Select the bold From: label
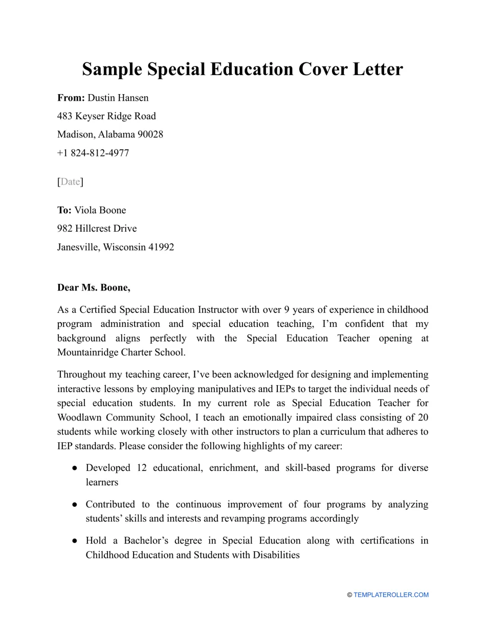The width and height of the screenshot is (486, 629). (71, 98)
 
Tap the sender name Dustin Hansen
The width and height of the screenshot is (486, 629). (118, 98)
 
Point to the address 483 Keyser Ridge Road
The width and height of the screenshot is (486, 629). (106, 116)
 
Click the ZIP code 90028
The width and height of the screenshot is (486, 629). (150, 134)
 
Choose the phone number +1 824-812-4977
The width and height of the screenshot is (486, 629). (93, 153)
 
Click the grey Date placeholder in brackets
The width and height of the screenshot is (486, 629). (70, 182)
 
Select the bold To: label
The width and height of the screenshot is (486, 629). (64, 210)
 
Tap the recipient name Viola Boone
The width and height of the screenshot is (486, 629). (100, 210)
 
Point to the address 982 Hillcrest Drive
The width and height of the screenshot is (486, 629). (97, 229)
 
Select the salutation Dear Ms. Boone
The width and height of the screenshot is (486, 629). (94, 287)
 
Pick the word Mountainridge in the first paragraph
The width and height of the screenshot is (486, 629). (87, 352)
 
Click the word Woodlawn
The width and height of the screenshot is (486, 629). (79, 417)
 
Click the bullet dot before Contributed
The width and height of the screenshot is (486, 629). (75, 505)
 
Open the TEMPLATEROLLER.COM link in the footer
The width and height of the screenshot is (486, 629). (391, 595)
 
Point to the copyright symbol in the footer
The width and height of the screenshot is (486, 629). (349, 595)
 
